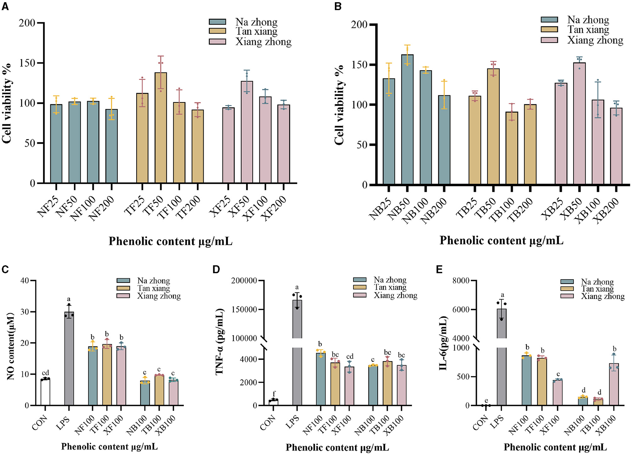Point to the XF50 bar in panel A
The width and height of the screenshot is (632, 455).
coord(247,132)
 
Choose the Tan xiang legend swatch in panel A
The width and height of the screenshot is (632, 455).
coord(217,31)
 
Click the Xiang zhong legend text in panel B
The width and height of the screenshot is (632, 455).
coord(595,40)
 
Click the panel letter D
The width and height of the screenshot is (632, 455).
coord(216,269)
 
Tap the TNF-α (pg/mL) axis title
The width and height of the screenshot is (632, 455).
coord(219,342)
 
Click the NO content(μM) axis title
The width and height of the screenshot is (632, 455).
coord(10,346)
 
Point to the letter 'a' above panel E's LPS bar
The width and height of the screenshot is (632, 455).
coord(502,295)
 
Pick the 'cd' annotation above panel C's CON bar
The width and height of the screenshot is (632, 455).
coord(45,373)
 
